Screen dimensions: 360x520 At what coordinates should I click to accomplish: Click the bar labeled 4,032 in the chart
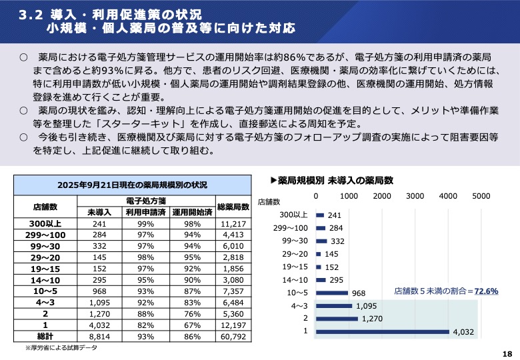(x=382, y=331)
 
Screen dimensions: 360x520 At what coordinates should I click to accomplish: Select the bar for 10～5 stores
(x=332, y=293)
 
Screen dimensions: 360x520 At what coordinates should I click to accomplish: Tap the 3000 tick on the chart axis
(x=415, y=197)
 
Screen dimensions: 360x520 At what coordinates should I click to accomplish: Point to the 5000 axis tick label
(x=481, y=197)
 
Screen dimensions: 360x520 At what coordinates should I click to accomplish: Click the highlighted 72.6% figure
(x=485, y=291)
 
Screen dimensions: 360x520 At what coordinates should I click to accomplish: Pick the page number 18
(x=507, y=353)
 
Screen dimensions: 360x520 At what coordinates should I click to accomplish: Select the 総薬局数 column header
(x=233, y=206)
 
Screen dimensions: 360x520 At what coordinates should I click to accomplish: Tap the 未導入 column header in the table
(x=99, y=212)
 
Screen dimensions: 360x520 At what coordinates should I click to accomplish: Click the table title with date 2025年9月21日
(x=133, y=184)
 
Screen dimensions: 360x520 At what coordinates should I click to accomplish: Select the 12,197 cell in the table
(x=233, y=325)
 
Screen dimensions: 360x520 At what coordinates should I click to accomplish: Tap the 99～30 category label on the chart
(x=295, y=241)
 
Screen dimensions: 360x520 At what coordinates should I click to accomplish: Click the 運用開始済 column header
(x=191, y=212)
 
